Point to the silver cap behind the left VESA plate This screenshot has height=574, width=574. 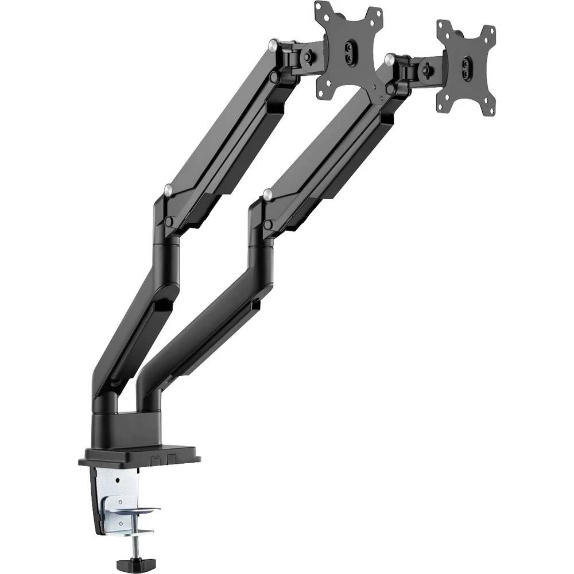coord(274,43)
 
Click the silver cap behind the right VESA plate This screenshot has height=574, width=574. coord(391,57)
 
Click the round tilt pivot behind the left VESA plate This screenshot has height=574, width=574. coord(309,56)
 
